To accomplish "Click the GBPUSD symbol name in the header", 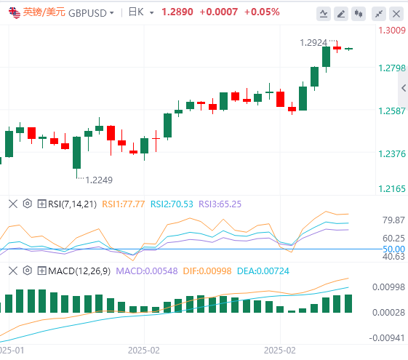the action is (87, 13).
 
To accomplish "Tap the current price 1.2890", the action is (177, 12).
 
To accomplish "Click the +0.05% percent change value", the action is (262, 12).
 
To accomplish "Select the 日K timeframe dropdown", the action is (141, 12).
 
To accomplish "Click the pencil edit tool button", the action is (341, 14).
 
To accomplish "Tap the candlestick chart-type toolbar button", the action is (359, 14).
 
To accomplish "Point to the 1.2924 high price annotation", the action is (313, 43).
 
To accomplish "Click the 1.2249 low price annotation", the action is (99, 180).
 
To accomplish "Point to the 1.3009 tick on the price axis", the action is (392, 31).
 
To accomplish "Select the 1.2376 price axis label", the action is (392, 154).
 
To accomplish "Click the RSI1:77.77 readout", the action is (124, 204).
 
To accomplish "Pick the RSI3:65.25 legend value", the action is (220, 204).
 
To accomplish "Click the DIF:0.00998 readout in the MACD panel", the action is (207, 271).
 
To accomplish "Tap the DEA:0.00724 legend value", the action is (263, 271).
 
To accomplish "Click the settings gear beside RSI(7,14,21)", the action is (28, 204).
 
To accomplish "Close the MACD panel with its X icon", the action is (13, 271).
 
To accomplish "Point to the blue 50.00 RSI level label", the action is (393, 249).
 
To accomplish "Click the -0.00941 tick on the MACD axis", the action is (387, 338).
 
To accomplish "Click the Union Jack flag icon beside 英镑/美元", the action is (15, 13).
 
